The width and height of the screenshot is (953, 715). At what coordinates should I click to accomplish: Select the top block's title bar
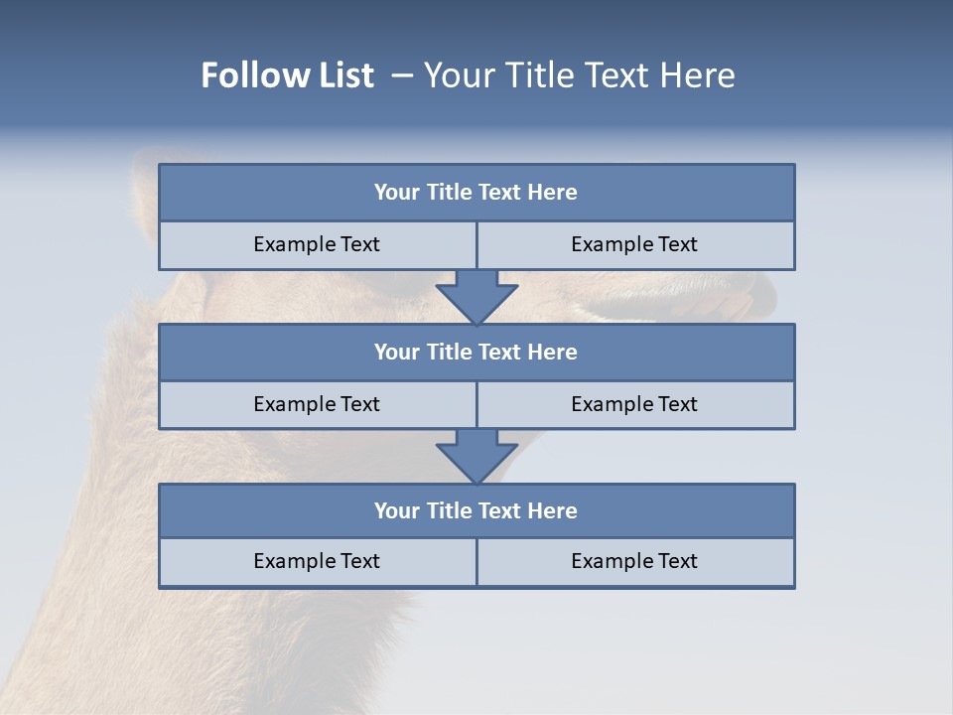coord(476,193)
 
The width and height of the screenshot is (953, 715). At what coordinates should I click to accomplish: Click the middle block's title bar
coord(476,352)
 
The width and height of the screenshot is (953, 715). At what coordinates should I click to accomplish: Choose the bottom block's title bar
coord(476,510)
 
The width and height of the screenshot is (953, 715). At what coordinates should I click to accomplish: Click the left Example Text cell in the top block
coord(317,244)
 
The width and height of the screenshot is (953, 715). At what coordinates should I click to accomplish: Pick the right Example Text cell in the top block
coord(634,244)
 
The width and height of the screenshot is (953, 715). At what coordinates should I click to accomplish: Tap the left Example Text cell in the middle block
coord(317,404)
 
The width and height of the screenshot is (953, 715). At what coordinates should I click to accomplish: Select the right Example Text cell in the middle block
coord(634,404)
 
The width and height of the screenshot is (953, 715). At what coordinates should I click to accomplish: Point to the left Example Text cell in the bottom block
coord(317,561)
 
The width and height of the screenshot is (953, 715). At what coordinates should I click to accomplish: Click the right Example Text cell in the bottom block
coord(634,561)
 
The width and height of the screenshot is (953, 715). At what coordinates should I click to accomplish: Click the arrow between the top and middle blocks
coord(476,296)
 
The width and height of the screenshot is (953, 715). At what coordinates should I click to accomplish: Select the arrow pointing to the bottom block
coord(476,456)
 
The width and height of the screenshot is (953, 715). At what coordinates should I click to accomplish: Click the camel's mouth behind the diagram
coord(685,294)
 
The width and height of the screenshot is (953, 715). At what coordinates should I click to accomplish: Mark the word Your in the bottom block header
coord(395,510)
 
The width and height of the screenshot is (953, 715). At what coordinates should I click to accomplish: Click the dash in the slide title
coord(402,75)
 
